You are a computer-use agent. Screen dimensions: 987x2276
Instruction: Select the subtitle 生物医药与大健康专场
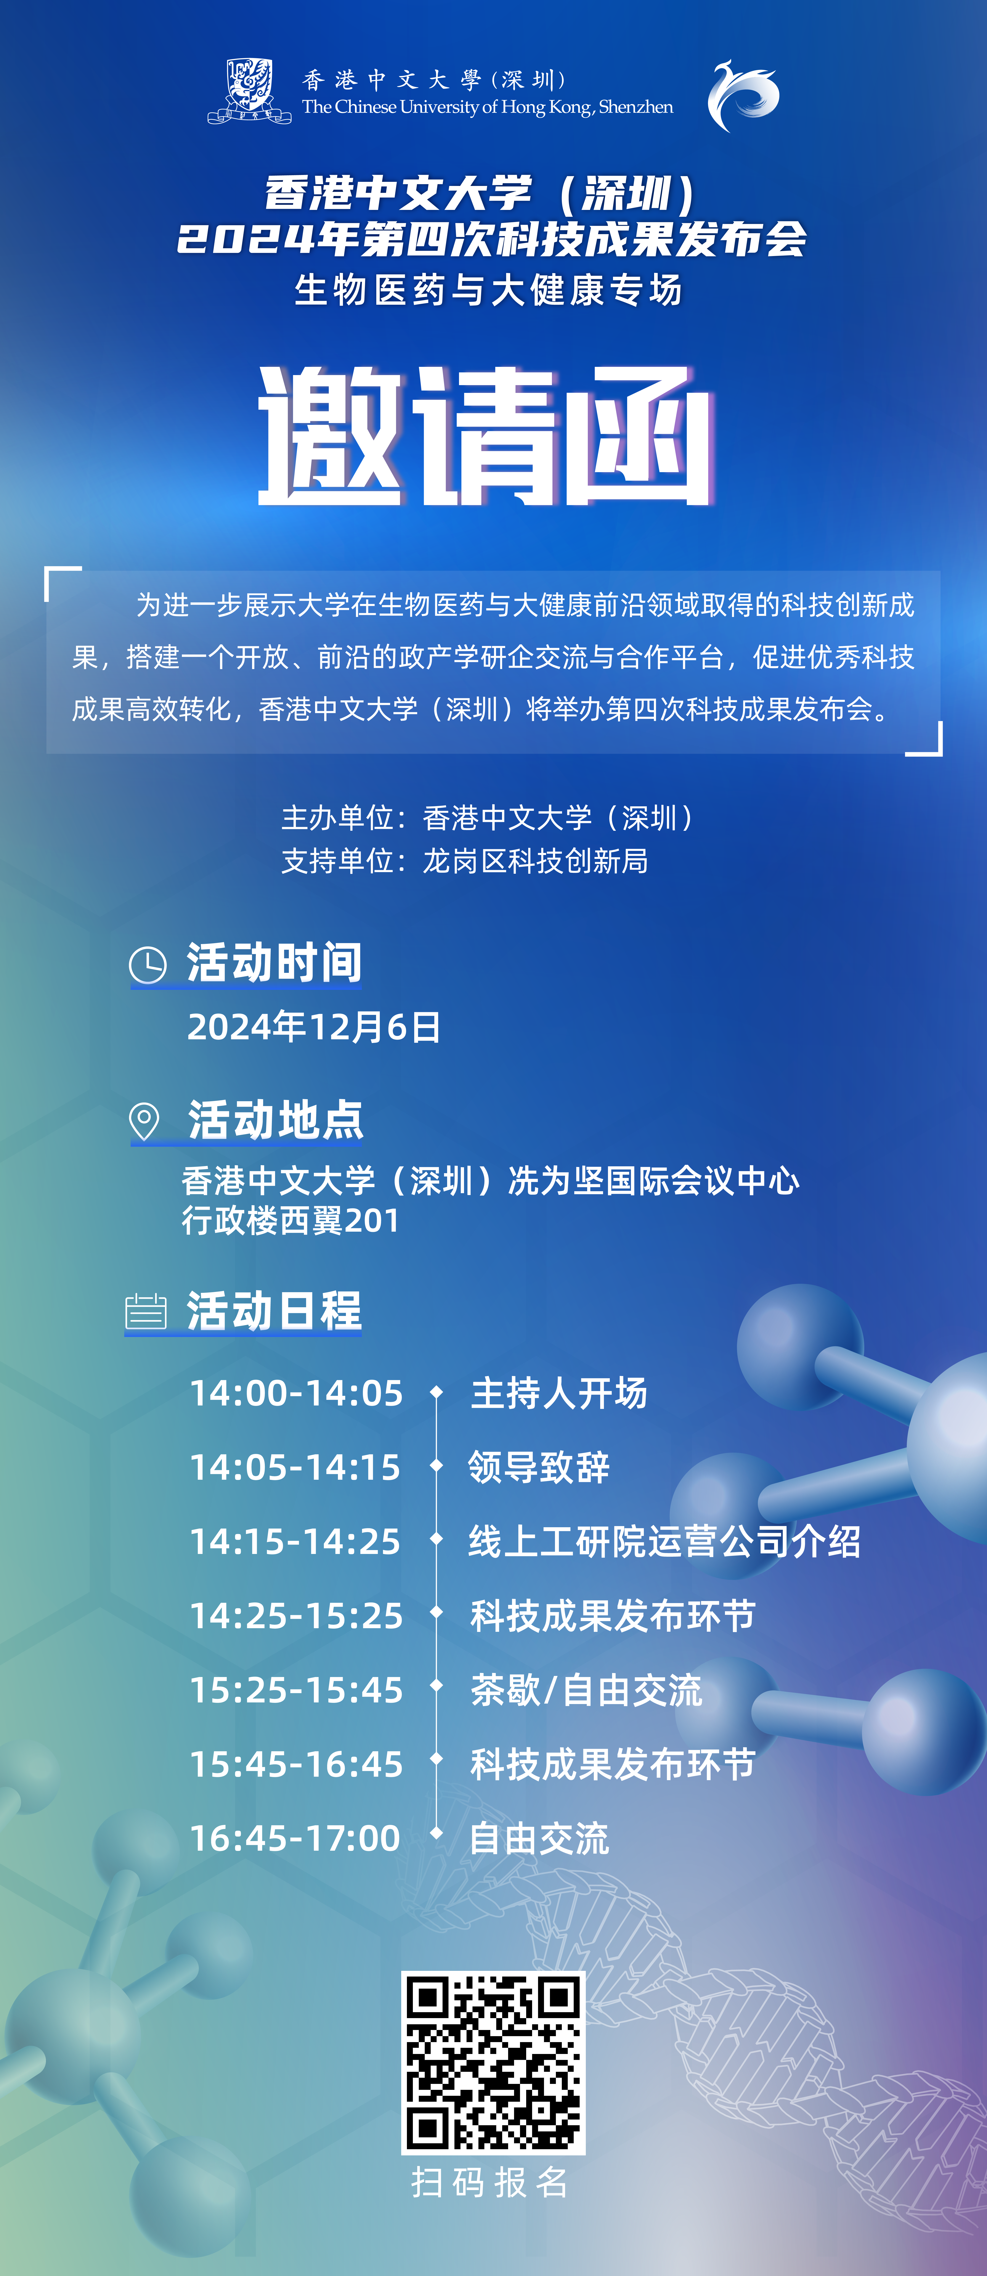tap(489, 290)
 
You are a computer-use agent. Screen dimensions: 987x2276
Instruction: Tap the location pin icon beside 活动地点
tap(144, 1121)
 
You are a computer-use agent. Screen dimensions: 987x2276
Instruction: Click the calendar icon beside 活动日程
tap(146, 1311)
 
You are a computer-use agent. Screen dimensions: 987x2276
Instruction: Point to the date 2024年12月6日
tap(314, 1027)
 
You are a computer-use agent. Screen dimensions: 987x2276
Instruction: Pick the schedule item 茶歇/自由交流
tap(586, 1690)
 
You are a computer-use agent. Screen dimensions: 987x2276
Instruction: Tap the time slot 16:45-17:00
tap(295, 1839)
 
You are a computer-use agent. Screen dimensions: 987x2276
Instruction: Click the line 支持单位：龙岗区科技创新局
tap(465, 860)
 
